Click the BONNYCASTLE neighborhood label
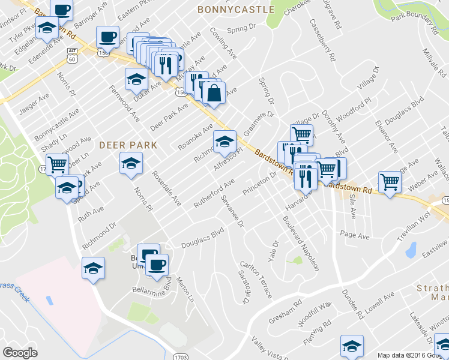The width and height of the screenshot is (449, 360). (235, 10)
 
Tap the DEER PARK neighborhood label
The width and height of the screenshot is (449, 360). (128, 145)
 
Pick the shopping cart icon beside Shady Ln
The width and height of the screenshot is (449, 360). (57, 164)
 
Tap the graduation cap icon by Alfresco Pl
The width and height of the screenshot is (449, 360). (224, 142)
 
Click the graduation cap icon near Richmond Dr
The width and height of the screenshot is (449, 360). (93, 268)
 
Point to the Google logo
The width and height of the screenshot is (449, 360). (20, 353)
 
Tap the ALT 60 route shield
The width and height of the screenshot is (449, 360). (73, 55)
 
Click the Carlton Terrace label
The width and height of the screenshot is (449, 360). (264, 278)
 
